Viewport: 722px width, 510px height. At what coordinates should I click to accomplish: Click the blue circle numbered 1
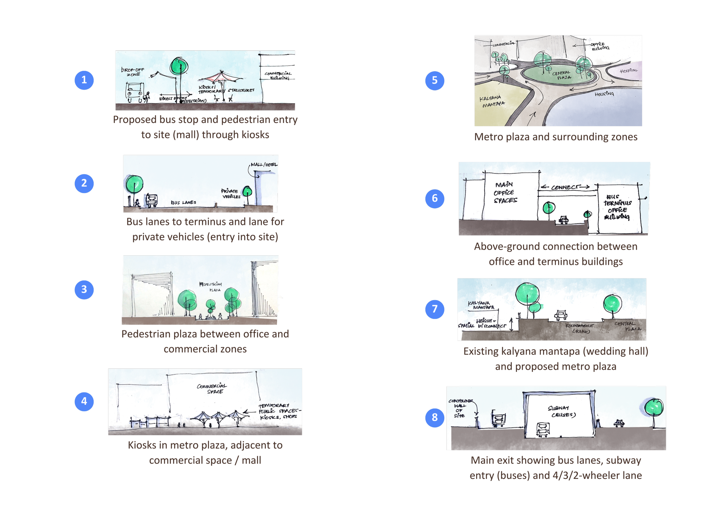click(x=84, y=80)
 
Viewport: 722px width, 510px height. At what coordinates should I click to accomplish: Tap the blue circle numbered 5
click(x=435, y=80)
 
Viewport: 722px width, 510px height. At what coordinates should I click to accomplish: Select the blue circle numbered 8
click(x=435, y=417)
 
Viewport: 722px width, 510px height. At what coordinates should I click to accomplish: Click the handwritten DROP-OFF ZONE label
click(x=132, y=72)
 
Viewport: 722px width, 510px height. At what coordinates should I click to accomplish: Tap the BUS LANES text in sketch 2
click(x=183, y=202)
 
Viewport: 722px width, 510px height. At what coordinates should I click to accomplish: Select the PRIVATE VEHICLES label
click(x=231, y=193)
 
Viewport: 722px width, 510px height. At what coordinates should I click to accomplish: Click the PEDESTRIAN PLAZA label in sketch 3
click(x=211, y=287)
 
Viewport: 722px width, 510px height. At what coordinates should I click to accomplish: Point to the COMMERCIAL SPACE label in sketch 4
click(x=212, y=389)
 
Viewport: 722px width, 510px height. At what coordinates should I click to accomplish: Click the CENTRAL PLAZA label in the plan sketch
click(x=561, y=75)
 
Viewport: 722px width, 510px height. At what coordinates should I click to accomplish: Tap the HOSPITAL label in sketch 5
click(x=629, y=71)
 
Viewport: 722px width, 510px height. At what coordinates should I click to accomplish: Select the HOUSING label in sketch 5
click(x=604, y=94)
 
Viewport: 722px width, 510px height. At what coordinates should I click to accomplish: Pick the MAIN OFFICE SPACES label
click(x=505, y=192)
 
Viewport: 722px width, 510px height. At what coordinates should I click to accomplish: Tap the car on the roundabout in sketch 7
click(x=560, y=315)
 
